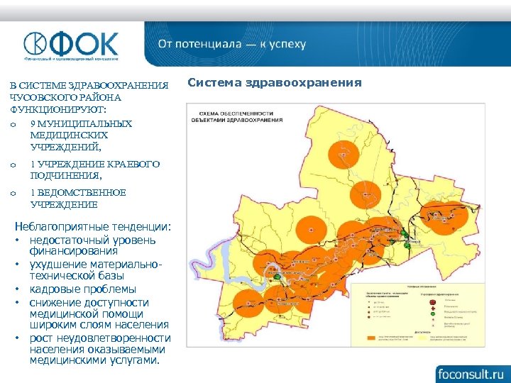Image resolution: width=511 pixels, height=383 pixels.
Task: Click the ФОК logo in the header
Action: [x=71, y=44]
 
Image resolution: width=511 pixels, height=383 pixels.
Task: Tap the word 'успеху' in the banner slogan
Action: [x=287, y=44]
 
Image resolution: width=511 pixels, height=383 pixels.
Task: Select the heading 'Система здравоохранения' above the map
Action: [x=275, y=84]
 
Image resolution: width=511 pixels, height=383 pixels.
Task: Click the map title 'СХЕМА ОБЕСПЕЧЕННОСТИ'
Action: [x=236, y=113]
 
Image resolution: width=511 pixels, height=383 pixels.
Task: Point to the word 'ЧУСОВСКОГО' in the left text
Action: [x=40, y=97]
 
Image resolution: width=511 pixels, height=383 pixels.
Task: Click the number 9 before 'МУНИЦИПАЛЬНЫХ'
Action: [x=33, y=123]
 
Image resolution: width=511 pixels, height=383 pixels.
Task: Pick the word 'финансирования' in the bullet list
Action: [x=74, y=250]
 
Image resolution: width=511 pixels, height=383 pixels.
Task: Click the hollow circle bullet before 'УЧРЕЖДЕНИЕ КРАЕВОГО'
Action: [x=13, y=165]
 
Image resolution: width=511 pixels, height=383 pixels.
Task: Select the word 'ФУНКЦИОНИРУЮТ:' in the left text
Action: [x=56, y=109]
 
